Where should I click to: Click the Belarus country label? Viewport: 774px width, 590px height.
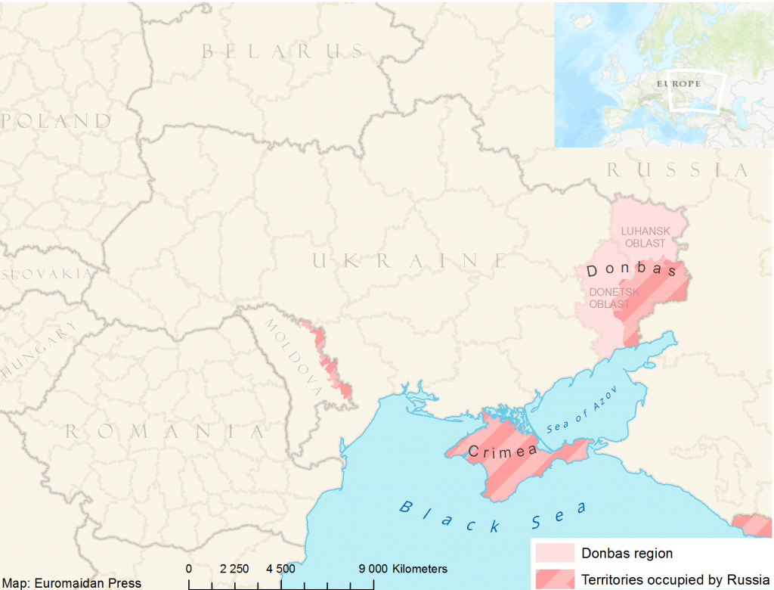click(282, 51)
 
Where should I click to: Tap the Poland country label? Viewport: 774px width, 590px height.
click(56, 120)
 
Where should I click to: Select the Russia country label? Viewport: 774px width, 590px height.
click(677, 170)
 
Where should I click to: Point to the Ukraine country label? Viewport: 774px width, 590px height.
click(409, 261)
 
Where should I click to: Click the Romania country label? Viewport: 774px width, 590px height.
click(165, 431)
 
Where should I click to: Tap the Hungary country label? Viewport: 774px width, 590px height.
click(39, 349)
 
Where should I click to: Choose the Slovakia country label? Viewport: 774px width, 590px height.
click(45, 274)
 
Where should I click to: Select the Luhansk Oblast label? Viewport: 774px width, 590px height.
click(645, 237)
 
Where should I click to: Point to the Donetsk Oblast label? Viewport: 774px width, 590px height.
click(614, 298)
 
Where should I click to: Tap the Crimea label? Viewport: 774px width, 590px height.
click(503, 452)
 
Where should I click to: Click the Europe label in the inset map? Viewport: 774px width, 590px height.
click(678, 83)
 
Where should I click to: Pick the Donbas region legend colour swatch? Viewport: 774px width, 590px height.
click(553, 553)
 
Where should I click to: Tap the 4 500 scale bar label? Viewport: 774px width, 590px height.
click(280, 569)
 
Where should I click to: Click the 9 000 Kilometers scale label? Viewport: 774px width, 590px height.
click(402, 569)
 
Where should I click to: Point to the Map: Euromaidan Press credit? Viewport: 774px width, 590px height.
click(71, 582)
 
